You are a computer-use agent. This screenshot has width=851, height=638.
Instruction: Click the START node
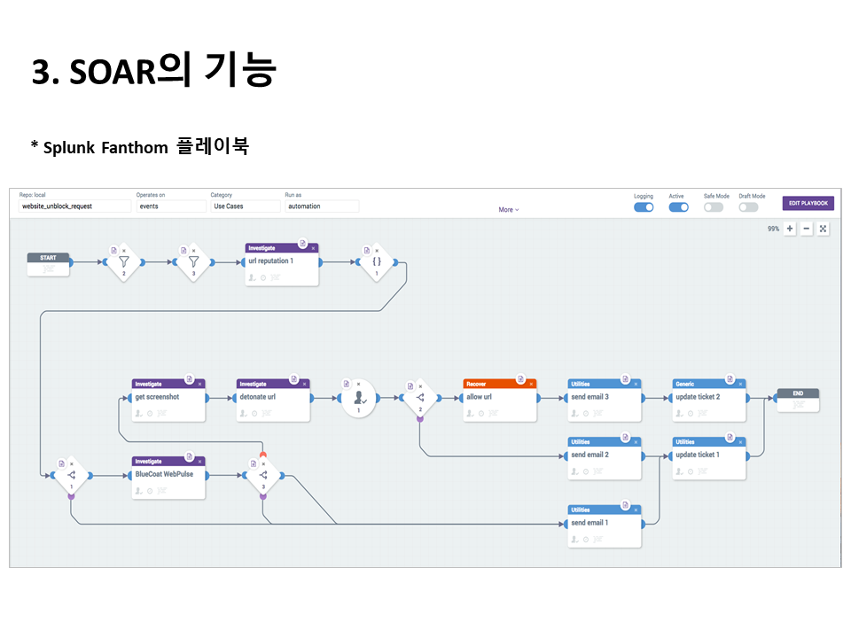[x=48, y=262]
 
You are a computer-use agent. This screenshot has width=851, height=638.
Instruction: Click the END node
[x=797, y=398]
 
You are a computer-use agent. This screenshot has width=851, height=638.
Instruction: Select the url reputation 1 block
[x=281, y=264]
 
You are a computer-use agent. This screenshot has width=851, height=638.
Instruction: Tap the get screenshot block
[x=168, y=400]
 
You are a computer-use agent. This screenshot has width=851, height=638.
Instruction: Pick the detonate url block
[x=273, y=400]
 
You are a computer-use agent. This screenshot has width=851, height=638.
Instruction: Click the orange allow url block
[x=499, y=400]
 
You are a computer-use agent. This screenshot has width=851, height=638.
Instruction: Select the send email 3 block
[x=604, y=400]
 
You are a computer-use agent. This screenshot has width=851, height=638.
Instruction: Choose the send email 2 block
[x=604, y=457]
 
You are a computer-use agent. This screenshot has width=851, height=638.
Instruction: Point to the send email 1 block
[x=604, y=525]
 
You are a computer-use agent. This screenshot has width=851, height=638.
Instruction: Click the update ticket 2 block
[x=708, y=400]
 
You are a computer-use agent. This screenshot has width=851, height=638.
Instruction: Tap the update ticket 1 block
[x=708, y=457]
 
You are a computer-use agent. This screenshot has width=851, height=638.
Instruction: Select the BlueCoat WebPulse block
[x=168, y=478]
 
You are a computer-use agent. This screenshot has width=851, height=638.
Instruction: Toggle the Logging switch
[x=644, y=207]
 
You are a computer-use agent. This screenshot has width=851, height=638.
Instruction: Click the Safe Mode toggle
[x=714, y=207]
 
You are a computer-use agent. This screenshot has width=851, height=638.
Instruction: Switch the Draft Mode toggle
[x=749, y=207]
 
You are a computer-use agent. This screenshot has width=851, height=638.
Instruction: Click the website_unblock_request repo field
[x=74, y=206]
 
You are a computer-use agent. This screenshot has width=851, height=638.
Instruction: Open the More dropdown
[x=508, y=210]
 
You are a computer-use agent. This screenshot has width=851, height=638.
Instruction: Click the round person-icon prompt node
[x=358, y=399]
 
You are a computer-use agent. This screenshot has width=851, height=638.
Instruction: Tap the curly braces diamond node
[x=376, y=263]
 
